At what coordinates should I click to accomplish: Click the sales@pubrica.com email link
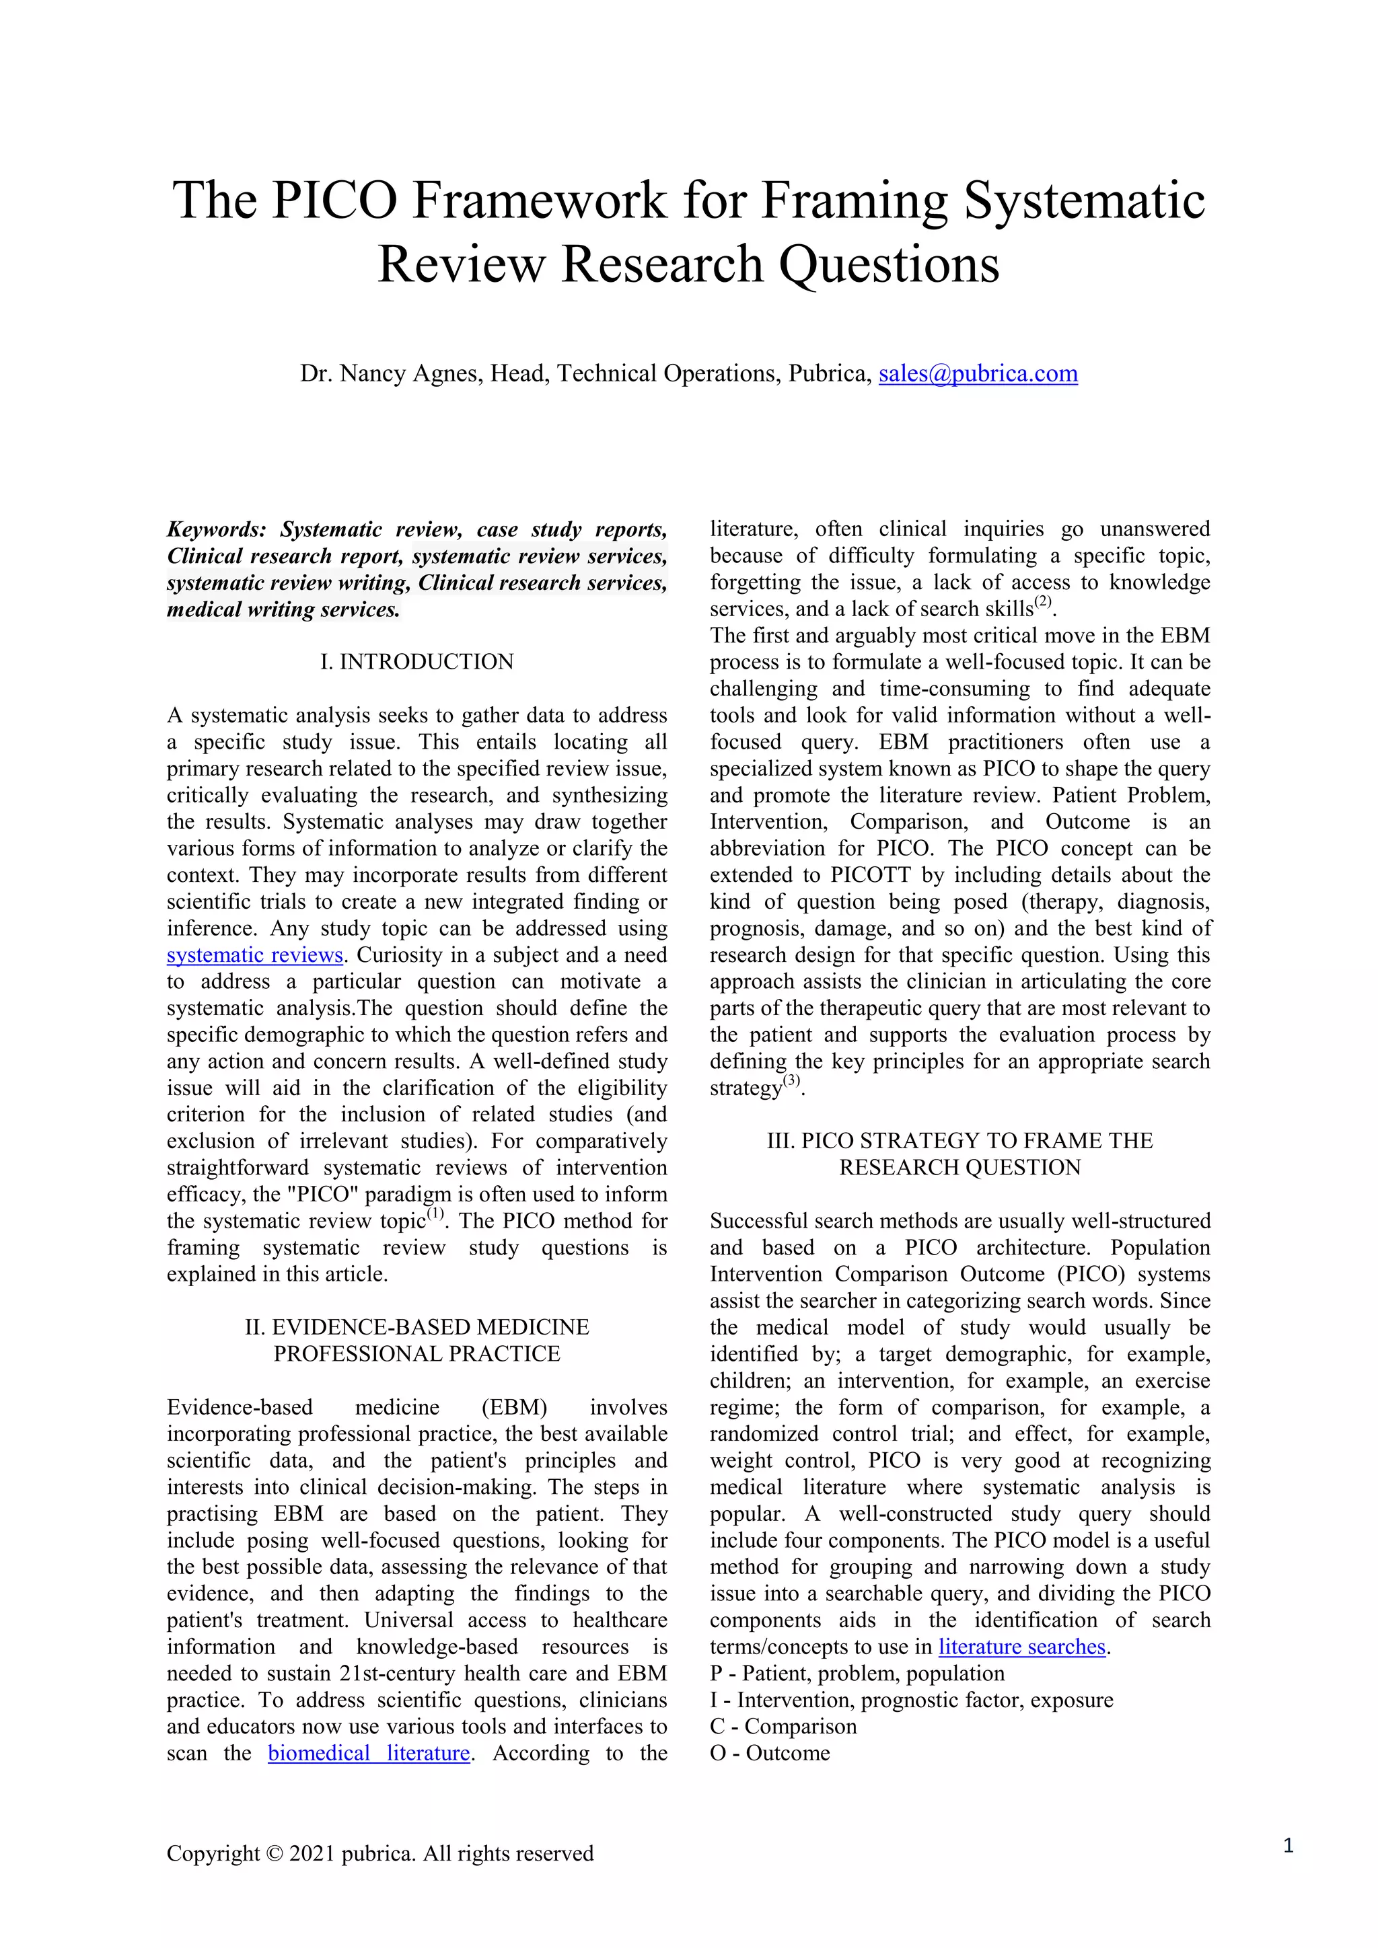978,373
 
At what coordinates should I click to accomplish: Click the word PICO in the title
334,201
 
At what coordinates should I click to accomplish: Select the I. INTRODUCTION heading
416,662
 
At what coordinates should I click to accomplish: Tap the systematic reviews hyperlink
254,954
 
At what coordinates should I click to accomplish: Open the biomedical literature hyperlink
369,1753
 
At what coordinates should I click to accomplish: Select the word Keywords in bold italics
217,529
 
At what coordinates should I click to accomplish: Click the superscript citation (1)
435,1215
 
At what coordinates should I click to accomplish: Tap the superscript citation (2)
1043,603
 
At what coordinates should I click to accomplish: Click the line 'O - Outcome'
770,1753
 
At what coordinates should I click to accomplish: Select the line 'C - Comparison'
783,1727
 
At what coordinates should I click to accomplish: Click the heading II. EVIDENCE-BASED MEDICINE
416,1327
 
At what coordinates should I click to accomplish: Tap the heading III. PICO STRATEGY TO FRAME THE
959,1140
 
